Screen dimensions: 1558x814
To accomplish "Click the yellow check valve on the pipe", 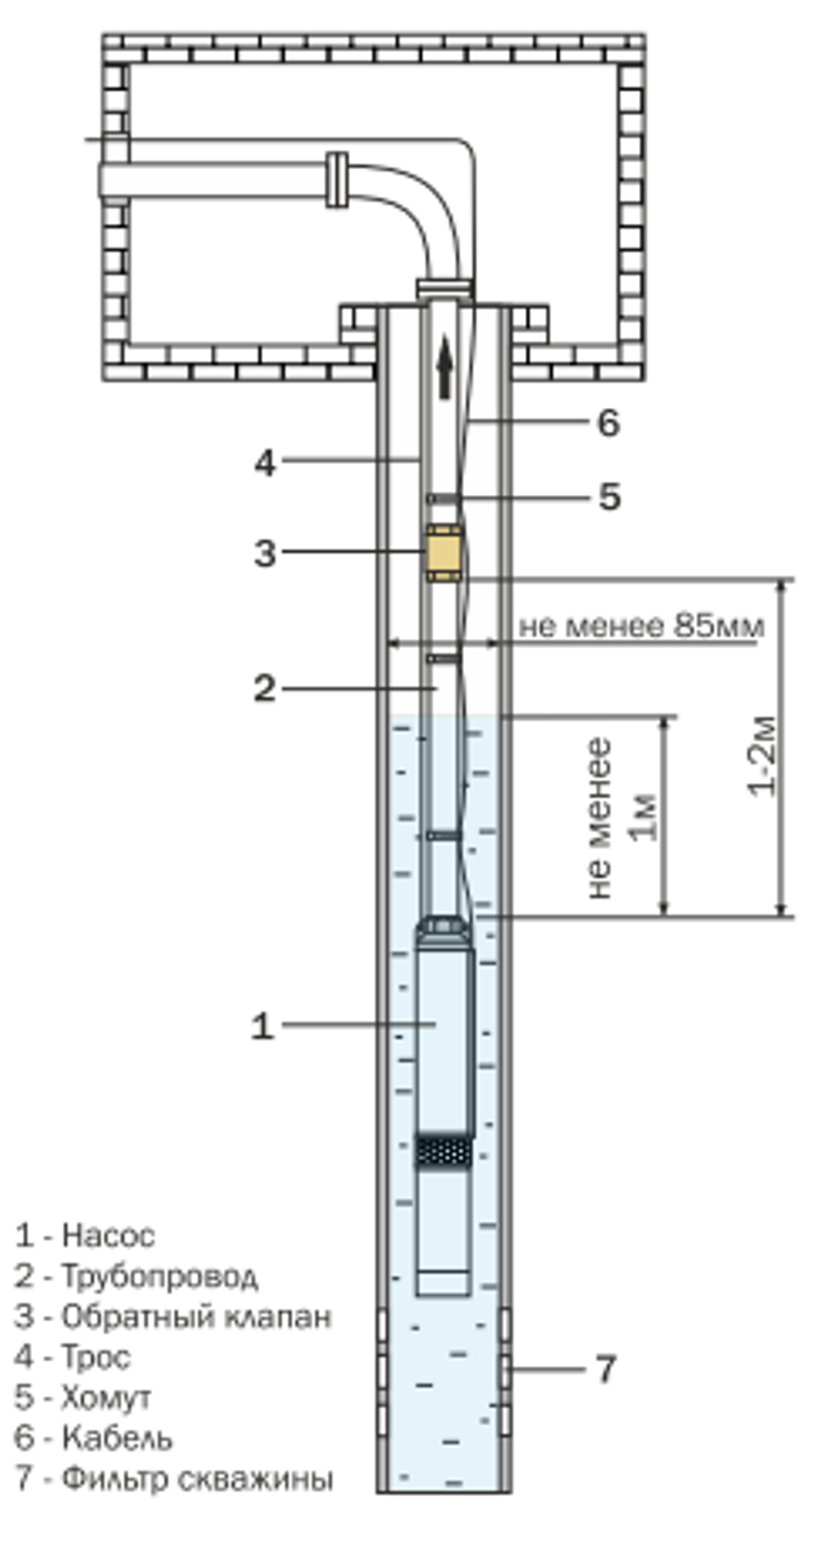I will tap(442, 553).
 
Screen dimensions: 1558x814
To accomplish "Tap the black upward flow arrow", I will tap(444, 369).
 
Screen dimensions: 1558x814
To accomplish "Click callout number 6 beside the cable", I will tap(608, 422).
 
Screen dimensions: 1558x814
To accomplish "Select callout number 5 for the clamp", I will tap(610, 497).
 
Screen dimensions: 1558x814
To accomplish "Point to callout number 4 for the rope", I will tap(265, 463).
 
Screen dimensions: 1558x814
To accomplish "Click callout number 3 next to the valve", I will tap(265, 554).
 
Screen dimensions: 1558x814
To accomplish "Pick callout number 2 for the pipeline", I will tap(265, 689).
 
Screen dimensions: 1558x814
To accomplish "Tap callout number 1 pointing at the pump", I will tap(262, 1026).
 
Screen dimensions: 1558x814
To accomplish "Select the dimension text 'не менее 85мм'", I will tap(641, 626).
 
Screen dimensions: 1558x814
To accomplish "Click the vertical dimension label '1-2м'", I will tap(762, 757).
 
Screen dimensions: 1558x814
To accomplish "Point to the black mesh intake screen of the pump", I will tap(444, 1150).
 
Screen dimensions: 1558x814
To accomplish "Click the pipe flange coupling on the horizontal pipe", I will tap(337, 179).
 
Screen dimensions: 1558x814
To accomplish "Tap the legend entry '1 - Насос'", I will tap(85, 1236).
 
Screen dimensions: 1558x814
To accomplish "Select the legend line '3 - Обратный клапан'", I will tap(173, 1316).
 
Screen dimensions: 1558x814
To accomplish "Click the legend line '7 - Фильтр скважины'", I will tap(173, 1478).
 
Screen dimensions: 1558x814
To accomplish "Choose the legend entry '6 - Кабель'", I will tap(94, 1438).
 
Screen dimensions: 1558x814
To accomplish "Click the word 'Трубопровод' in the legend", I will tap(160, 1276).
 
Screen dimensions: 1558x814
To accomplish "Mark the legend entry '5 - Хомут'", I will tap(83, 1398).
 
